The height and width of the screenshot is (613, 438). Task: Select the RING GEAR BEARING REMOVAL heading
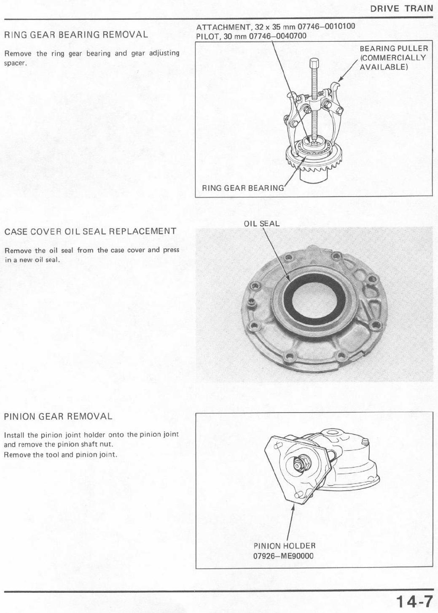click(76, 35)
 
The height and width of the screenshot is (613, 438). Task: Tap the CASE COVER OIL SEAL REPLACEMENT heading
click(90, 231)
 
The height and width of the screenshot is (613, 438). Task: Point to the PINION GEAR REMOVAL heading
click(58, 416)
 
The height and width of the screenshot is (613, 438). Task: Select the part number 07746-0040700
click(278, 36)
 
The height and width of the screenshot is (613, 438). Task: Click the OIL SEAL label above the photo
click(262, 224)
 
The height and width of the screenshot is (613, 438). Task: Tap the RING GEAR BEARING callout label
click(243, 188)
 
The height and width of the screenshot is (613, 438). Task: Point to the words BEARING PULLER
click(394, 49)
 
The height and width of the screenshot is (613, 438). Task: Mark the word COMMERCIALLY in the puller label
click(393, 58)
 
